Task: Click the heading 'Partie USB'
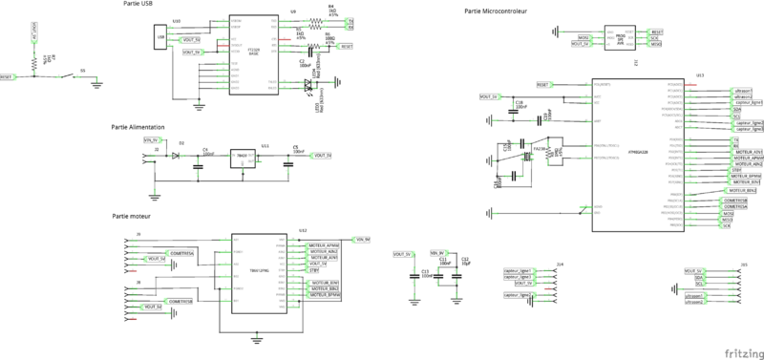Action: click(x=137, y=5)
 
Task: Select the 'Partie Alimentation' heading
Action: click(x=138, y=127)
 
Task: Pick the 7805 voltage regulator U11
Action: click(x=243, y=156)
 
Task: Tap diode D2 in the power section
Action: click(x=177, y=154)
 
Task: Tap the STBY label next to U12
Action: click(x=313, y=271)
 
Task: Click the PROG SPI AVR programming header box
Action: click(x=621, y=38)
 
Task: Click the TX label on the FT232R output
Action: click(x=350, y=20)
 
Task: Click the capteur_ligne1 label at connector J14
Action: click(x=517, y=270)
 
